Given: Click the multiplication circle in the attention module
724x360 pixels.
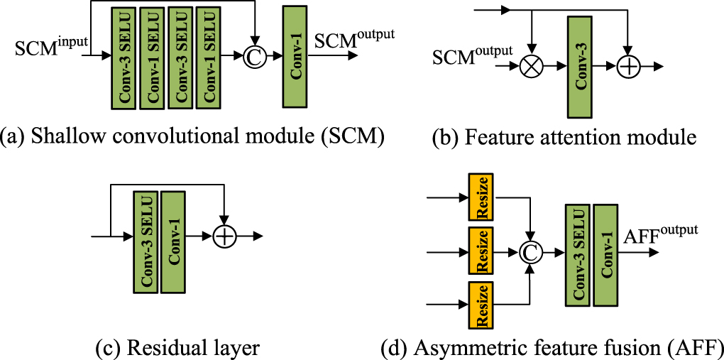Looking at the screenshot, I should [530, 67].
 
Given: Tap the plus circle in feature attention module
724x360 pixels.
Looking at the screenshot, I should [629, 67].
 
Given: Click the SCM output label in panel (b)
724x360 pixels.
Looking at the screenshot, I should [471, 53].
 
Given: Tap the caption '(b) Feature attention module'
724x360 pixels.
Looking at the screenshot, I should [564, 136].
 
